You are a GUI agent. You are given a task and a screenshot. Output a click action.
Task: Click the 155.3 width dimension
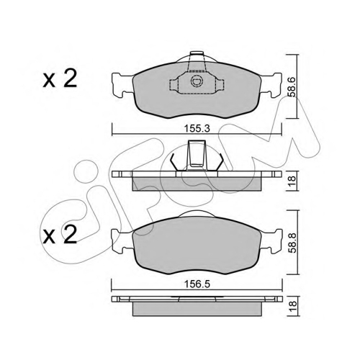pyautogui.click(x=197, y=129)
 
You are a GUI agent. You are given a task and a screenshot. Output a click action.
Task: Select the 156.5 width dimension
pyautogui.click(x=197, y=284)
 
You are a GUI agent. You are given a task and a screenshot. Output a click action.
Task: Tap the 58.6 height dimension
pyautogui.click(x=292, y=87)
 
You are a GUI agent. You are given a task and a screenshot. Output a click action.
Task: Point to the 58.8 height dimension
pyautogui.click(x=292, y=243)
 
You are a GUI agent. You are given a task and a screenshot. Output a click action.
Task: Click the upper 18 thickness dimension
pyautogui.click(x=292, y=181)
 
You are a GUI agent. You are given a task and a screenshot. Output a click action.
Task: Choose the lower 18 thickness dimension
pyautogui.click(x=292, y=307)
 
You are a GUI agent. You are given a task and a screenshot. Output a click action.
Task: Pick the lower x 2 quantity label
pyautogui.click(x=60, y=234)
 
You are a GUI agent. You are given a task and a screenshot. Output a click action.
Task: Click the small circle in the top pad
pyautogui.click(x=197, y=81)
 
